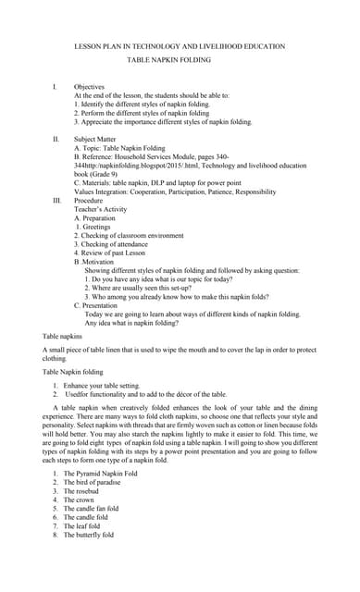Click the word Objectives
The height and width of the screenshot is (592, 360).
(x=90, y=86)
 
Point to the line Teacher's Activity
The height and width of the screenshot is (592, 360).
(x=106, y=209)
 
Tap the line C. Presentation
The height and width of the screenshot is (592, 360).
(x=104, y=304)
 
